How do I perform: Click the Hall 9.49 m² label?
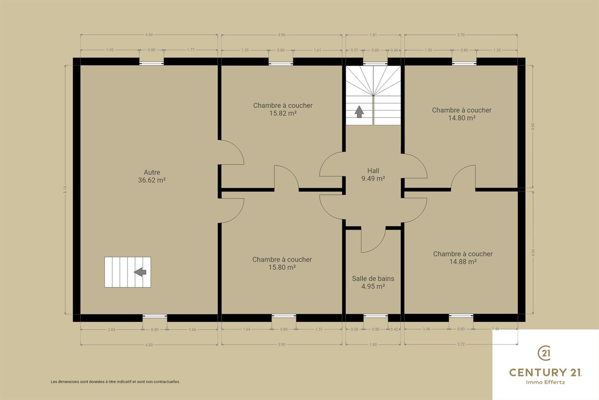tap(373, 174)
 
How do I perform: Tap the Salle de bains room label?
tap(373, 279)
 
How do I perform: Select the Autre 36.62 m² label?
tap(152, 176)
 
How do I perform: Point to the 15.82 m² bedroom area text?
tap(283, 113)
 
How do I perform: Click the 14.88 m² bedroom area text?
tap(463, 261)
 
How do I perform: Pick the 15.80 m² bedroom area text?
tap(282, 267)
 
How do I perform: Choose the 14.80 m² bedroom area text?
tap(462, 118)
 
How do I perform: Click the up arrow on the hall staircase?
tap(359, 112)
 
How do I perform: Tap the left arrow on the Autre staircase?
tap(140, 272)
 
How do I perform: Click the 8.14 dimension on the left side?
tap(65, 190)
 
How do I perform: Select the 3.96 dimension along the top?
tap(282, 35)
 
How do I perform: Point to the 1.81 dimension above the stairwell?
tap(373, 35)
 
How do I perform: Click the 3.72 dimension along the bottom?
tap(461, 344)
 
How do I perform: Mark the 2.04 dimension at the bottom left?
tap(112, 330)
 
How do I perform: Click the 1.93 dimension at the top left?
tap(110, 50)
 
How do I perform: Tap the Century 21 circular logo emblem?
tap(544, 353)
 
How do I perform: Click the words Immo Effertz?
tap(545, 382)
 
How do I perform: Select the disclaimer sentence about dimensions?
tap(115, 382)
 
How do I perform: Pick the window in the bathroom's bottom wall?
tap(376, 316)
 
